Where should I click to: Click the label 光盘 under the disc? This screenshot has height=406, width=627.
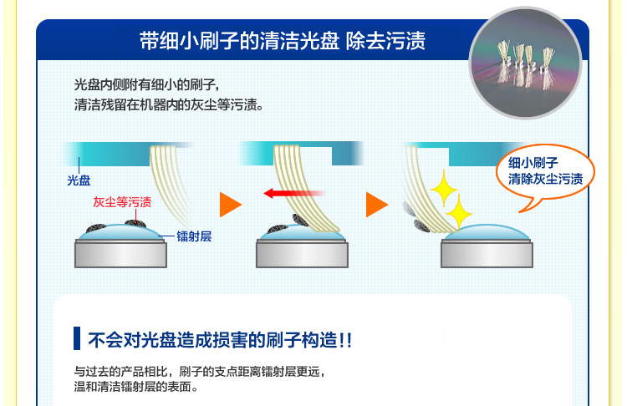coord(79,180)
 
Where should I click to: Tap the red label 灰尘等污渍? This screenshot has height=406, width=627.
coord(122,202)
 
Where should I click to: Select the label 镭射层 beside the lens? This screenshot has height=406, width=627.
coord(194,236)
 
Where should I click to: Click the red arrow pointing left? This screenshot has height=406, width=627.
coord(294,194)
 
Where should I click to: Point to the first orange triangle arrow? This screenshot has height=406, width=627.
coord(231,205)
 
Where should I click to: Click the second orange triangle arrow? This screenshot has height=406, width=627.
coord(377,205)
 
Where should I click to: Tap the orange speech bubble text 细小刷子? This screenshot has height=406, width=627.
coord(533,163)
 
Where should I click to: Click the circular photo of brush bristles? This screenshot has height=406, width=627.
coord(525,63)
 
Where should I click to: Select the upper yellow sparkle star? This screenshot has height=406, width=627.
coord(443,189)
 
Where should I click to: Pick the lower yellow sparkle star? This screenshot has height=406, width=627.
coord(459,213)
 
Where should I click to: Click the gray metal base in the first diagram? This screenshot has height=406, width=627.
coord(120,253)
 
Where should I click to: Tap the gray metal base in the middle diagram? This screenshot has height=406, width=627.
coord(303,253)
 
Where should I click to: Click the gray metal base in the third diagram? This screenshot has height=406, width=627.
coord(487,253)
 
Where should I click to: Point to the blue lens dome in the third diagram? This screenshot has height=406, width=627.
coord(487,232)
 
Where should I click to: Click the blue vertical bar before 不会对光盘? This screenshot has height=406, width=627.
coord(77,338)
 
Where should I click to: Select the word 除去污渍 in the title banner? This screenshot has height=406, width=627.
coord(385,41)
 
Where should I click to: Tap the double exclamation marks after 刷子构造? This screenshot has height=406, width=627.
coord(345,341)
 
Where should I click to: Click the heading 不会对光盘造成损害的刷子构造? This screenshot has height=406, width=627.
coord(220,341)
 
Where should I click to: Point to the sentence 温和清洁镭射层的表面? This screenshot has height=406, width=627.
coord(136,387)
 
